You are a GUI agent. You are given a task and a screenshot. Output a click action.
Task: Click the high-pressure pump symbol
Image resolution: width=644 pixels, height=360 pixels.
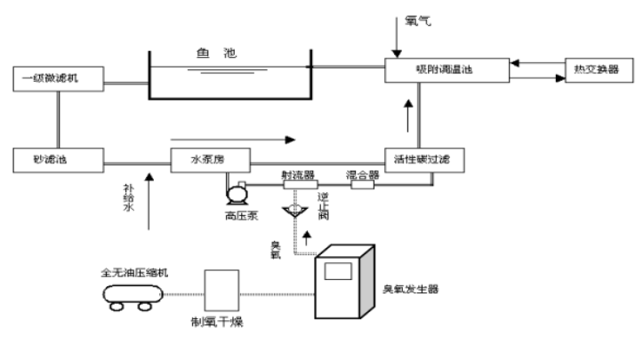pos(238,192)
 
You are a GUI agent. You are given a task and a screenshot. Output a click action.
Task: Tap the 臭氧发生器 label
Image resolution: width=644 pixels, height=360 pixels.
pos(411,290)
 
